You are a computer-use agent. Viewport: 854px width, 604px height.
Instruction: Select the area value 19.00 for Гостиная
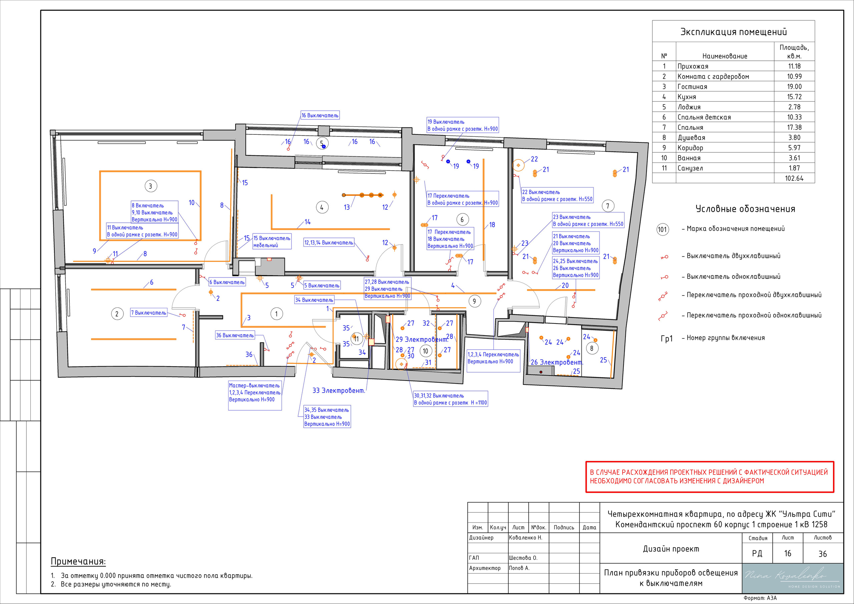794,87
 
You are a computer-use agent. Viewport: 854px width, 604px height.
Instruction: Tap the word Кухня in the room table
687,97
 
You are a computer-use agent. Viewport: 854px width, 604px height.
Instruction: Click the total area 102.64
794,178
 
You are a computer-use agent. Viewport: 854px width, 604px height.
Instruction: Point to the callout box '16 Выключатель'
320,115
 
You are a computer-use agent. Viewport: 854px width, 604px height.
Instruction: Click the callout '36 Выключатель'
235,336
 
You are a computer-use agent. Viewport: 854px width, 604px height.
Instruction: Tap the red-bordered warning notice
710,477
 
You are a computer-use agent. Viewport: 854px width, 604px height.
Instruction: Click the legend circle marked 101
663,229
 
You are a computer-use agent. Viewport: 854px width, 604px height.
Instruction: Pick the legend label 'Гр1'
667,339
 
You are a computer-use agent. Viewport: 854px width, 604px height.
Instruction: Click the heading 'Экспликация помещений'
734,32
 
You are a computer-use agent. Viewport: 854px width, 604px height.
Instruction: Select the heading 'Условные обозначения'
745,209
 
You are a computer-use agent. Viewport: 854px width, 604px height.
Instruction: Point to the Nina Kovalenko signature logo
792,578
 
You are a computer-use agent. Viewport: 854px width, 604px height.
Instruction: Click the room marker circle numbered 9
474,301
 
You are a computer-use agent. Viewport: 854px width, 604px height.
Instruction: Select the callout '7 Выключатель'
149,313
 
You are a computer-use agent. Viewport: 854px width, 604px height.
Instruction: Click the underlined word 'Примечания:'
78,562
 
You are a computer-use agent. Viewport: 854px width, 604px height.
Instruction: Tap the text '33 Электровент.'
339,391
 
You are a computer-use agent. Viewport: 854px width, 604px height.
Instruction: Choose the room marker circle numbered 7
608,206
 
